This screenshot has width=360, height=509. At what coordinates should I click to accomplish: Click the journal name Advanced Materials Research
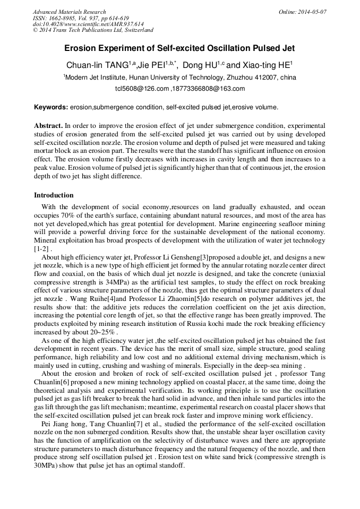pos(69,12)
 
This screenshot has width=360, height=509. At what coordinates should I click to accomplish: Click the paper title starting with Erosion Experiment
pos(179,48)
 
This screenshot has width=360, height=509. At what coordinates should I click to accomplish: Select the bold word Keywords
pos(51,107)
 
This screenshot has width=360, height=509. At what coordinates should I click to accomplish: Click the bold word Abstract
pos(48,126)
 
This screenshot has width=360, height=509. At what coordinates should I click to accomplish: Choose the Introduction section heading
pos(54,195)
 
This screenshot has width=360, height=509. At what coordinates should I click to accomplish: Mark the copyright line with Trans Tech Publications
pos(93,30)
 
